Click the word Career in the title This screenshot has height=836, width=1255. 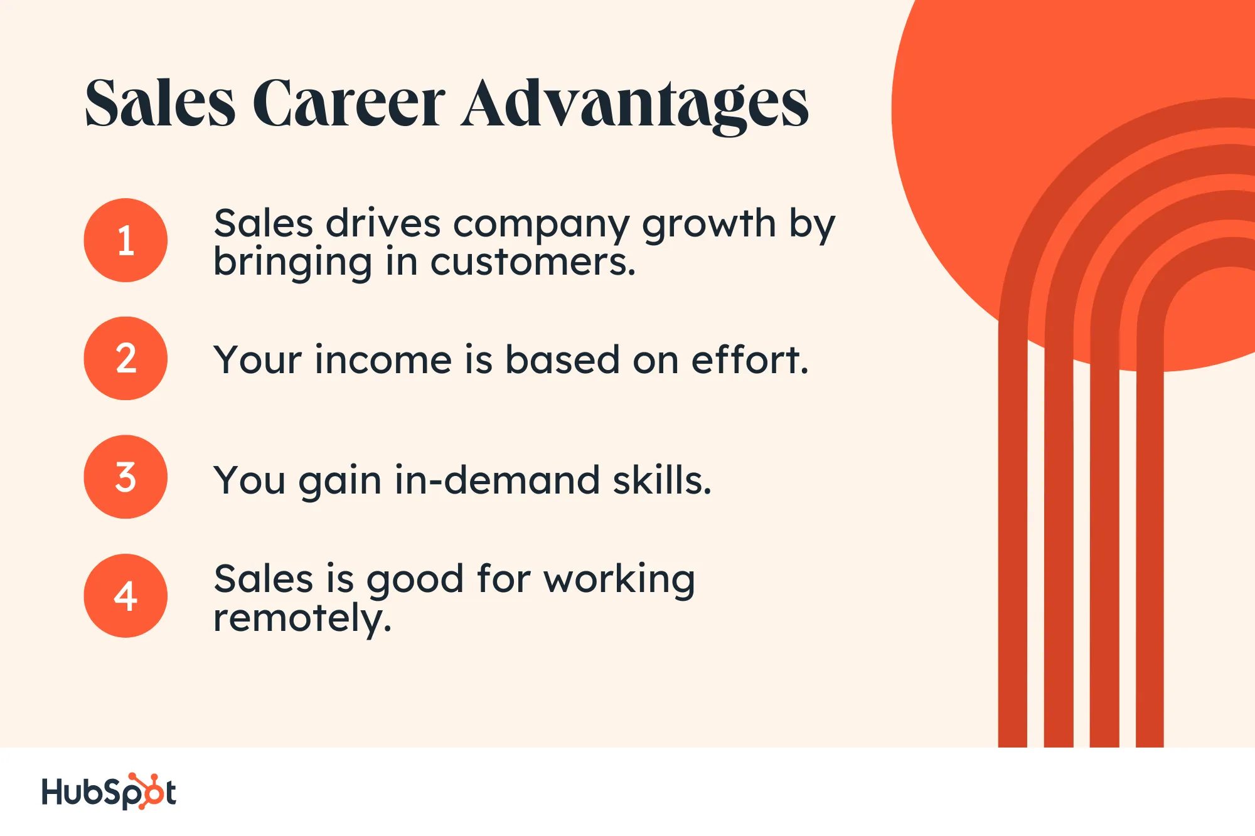click(349, 103)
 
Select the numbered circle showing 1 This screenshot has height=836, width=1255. click(125, 240)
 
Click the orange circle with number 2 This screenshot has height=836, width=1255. click(125, 358)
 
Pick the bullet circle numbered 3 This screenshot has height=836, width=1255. click(125, 477)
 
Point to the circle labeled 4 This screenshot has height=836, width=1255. click(125, 596)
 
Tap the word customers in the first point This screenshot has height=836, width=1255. click(533, 262)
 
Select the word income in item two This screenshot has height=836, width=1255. click(383, 360)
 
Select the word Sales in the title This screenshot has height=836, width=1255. click(160, 103)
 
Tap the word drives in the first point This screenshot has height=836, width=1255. click(383, 223)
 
